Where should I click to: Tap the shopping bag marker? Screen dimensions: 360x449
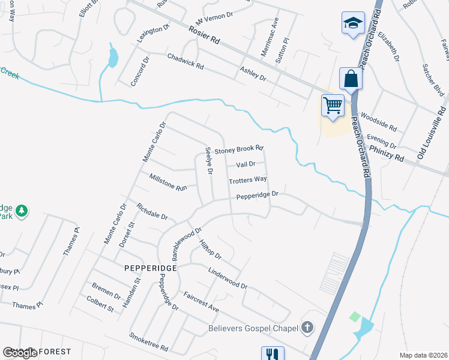(x=350, y=78)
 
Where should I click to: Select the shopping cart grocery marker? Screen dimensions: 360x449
(x=332, y=105)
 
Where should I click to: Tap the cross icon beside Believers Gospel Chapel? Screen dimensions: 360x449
(x=307, y=328)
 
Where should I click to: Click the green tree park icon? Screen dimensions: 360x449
(x=22, y=211)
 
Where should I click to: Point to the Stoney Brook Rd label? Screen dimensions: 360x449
(x=240, y=149)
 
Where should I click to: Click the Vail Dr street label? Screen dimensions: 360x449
(x=246, y=164)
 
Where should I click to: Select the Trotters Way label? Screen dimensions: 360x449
(x=247, y=180)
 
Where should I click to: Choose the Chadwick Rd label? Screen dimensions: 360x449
(x=185, y=61)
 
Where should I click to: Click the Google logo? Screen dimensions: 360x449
(x=20, y=353)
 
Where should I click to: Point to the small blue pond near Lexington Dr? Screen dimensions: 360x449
(x=112, y=58)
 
